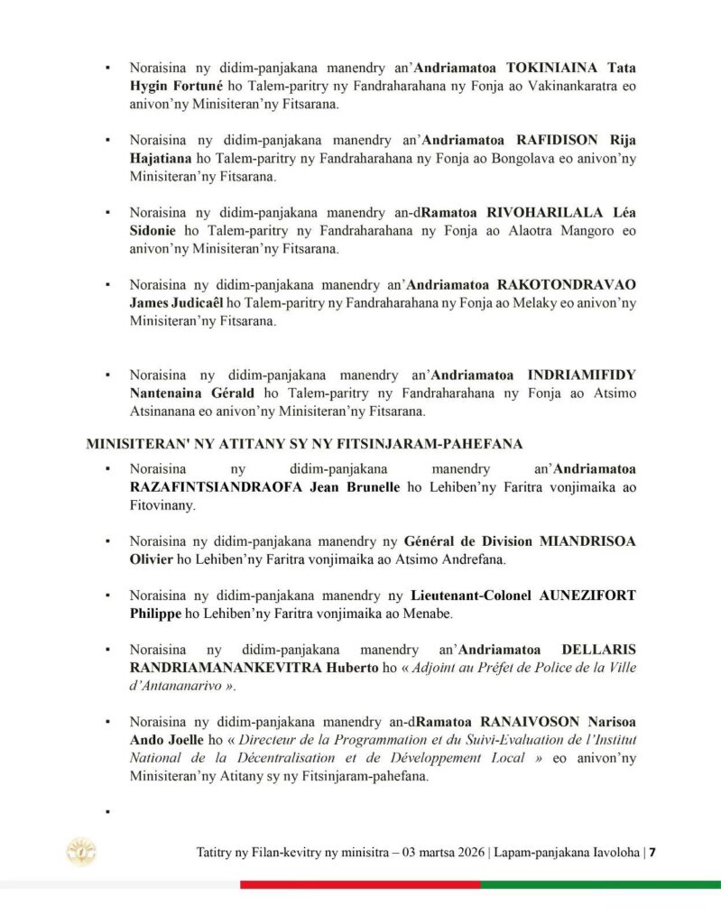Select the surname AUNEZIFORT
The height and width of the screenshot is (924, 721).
click(595, 596)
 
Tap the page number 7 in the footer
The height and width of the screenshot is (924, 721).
click(653, 853)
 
